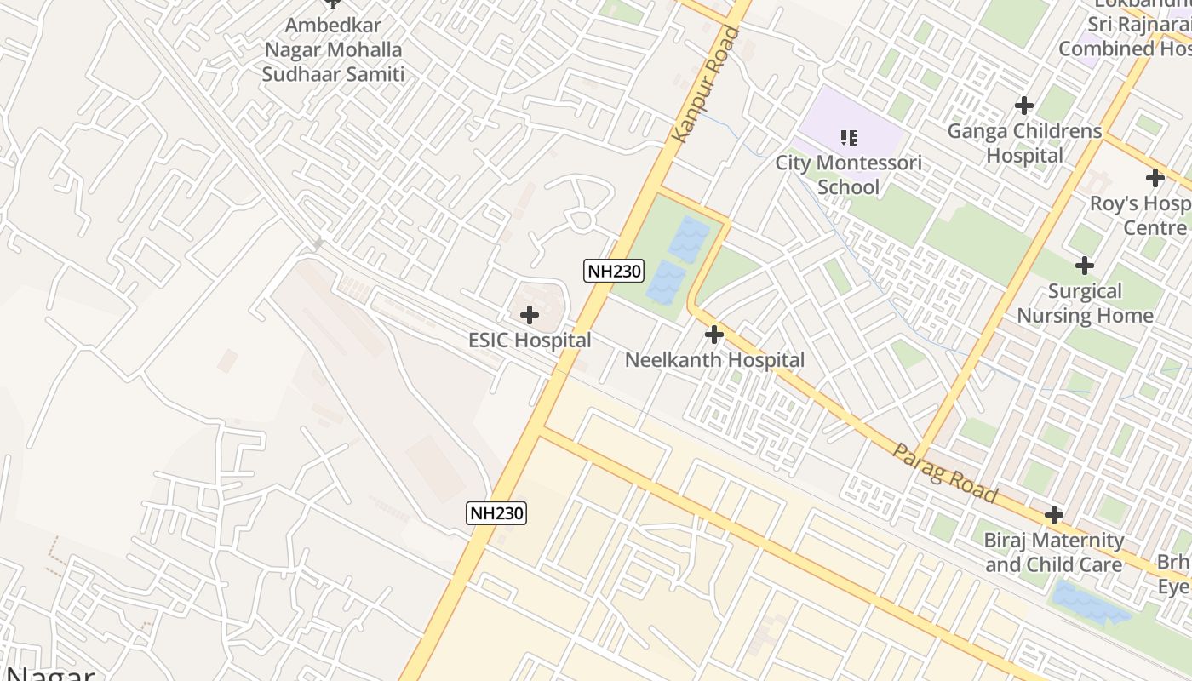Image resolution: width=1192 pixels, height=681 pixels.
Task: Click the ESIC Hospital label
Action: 530,340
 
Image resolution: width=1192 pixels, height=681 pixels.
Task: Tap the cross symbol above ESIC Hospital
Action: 530,315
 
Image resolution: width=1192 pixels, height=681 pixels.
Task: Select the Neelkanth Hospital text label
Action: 714,360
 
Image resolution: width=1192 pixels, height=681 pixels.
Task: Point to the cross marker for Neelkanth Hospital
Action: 714,335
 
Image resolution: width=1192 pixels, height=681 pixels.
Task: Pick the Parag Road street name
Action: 944,472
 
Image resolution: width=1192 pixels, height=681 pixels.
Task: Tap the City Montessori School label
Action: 848,175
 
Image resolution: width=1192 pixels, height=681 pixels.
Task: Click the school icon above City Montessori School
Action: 848,137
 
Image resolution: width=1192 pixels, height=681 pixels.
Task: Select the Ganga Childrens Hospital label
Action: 1024,143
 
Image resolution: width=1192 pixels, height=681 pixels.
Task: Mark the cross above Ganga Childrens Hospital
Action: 1024,106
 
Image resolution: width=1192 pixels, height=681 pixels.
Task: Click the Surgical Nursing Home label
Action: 1085,303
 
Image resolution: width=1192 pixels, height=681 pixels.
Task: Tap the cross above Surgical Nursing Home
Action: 1085,266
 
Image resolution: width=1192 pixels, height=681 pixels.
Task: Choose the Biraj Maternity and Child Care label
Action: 1054,552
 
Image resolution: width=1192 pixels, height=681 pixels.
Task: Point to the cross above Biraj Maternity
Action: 1054,515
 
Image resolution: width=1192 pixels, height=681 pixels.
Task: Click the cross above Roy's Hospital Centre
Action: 1155,178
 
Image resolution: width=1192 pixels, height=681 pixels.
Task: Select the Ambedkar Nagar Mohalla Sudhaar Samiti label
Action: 333,49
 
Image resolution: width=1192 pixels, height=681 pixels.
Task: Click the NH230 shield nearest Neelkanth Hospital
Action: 614,272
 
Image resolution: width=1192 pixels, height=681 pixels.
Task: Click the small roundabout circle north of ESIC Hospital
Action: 582,220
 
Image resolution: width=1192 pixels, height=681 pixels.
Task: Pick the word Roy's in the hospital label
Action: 1114,204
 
